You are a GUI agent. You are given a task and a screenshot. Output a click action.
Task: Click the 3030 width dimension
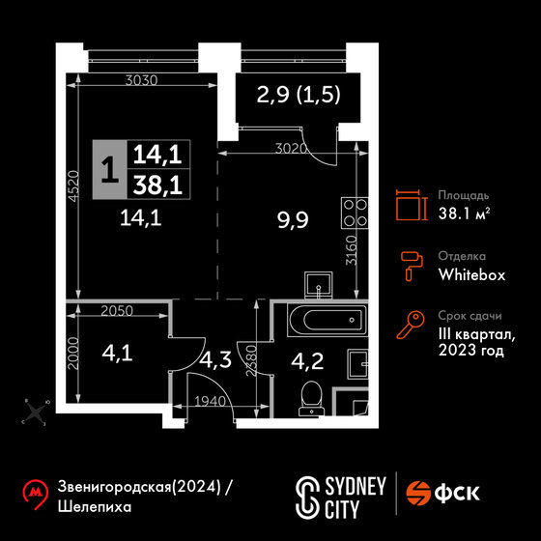[141, 80]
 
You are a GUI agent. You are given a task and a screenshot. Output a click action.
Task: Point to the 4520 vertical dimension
[73, 185]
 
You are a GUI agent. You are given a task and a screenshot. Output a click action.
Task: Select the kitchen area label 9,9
[293, 220]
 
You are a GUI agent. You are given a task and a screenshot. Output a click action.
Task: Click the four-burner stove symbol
[355, 213]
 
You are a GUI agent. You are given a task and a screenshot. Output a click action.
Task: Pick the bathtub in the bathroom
[327, 320]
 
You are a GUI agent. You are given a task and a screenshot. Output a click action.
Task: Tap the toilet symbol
[311, 398]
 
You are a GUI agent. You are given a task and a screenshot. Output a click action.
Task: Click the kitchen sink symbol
[319, 285]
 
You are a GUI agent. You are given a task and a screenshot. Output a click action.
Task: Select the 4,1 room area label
[117, 354]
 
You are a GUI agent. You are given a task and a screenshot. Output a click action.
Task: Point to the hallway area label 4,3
[215, 359]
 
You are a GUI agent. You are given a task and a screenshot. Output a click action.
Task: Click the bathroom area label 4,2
[307, 361]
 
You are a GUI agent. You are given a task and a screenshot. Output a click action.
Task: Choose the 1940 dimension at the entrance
[211, 401]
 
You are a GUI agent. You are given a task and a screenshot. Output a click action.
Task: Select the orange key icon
[411, 325]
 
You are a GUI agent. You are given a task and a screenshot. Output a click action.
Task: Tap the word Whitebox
[471, 275]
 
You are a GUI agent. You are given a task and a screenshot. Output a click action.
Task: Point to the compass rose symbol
[36, 412]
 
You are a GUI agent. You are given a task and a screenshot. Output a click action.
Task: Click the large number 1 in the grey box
[110, 169]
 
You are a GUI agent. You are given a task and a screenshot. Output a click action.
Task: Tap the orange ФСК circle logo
[418, 494]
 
